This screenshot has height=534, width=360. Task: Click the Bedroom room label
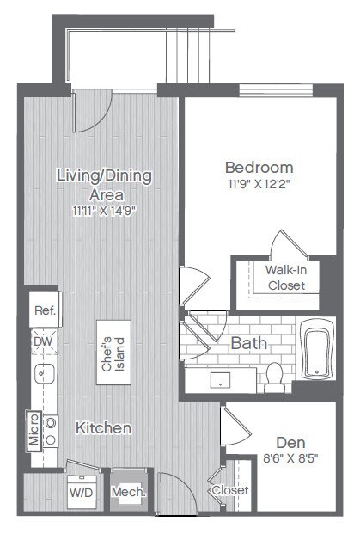[259, 168]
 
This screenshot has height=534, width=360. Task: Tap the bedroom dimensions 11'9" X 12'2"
[259, 185]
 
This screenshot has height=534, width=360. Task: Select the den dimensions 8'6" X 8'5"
[290, 458]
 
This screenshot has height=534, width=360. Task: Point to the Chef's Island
[113, 353]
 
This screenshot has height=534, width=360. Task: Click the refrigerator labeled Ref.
[46, 310]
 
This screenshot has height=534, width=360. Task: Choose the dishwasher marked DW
[45, 341]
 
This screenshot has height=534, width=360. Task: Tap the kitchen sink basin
[45, 373]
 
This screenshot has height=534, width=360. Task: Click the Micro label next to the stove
[34, 429]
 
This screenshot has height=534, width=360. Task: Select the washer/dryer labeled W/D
[82, 492]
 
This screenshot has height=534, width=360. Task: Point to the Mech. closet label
[129, 492]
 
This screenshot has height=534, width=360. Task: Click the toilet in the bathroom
[274, 378]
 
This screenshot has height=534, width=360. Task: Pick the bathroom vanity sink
[220, 380]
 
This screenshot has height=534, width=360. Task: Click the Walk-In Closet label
[286, 278]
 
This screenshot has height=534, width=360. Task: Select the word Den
[290, 443]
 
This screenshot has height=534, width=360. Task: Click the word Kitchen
[103, 428]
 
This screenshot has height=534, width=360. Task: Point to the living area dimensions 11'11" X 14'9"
[104, 212]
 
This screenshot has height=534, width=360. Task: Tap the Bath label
[248, 343]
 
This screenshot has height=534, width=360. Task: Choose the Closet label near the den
[230, 490]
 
